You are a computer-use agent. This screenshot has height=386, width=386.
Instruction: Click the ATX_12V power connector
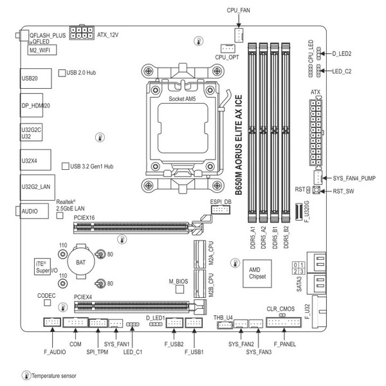point(82,33)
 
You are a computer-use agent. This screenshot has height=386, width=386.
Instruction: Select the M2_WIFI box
point(42,50)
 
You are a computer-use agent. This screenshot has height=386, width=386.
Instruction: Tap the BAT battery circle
point(81,262)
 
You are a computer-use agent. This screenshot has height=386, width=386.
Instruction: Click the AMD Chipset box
point(257,273)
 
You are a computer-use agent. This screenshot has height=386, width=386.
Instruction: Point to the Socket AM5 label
point(182,99)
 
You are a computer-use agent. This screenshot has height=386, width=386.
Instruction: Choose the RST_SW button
point(317,190)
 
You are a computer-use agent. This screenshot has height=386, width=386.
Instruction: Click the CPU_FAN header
point(239,35)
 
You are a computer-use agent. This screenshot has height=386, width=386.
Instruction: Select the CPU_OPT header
point(228,48)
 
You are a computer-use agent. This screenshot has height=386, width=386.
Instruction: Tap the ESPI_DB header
point(221,210)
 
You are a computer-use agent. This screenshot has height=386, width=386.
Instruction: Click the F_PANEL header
point(284,322)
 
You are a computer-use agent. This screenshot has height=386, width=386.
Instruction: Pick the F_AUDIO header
point(52,322)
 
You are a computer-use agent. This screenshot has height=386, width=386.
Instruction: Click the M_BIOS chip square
point(179,289)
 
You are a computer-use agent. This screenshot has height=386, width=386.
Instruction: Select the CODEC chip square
point(47,302)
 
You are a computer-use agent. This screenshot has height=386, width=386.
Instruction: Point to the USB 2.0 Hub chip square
point(62,73)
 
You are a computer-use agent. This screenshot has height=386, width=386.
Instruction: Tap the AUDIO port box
point(34,211)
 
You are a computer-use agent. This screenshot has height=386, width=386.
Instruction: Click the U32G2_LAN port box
point(37,187)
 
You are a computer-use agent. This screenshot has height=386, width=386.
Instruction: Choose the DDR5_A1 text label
point(253,237)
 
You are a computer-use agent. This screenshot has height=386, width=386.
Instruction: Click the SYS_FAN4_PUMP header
point(318,178)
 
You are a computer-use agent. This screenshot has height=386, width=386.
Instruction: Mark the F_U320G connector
point(299,212)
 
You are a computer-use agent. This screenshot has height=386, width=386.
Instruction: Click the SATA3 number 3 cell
point(302,271)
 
